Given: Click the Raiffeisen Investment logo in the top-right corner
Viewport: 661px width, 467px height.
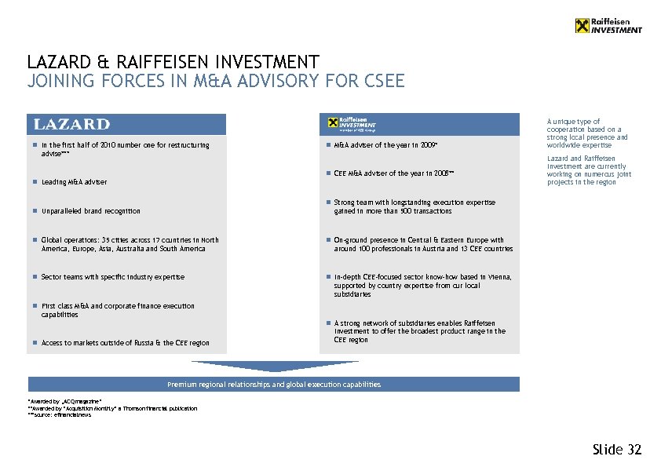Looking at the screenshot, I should (x=608, y=26).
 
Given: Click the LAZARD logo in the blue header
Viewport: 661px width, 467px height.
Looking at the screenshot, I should (x=71, y=124).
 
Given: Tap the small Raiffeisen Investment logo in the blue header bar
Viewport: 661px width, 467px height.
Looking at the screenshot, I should (x=352, y=123).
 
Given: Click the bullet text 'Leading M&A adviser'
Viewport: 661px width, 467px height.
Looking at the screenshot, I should (x=74, y=182).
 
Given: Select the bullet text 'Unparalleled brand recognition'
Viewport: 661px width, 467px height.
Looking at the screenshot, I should (x=91, y=211).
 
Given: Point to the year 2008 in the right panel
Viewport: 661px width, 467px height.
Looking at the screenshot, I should (x=439, y=173).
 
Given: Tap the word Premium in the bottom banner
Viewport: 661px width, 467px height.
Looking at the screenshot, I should (x=180, y=385).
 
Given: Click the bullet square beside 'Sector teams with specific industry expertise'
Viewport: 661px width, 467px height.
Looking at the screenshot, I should (x=35, y=277).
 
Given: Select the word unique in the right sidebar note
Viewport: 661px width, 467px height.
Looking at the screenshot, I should (x=566, y=122).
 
